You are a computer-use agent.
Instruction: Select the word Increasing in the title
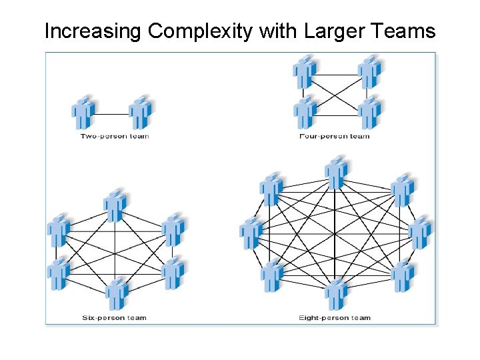(93, 31)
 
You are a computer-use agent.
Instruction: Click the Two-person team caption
(115, 137)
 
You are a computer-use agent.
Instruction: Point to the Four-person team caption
(335, 137)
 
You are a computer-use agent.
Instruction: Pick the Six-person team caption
(114, 317)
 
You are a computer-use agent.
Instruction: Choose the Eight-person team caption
(335, 317)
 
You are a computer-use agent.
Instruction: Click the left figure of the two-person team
(83, 113)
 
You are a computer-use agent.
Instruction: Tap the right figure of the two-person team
(141, 113)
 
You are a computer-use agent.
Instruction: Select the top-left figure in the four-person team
(306, 72)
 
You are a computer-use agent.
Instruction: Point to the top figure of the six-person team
(115, 205)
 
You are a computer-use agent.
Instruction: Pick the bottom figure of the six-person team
(116, 294)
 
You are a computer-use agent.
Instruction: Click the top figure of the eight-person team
(336, 173)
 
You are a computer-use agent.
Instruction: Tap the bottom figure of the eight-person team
(336, 293)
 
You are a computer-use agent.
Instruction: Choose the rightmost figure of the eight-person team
(420, 233)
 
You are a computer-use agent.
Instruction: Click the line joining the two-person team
(112, 113)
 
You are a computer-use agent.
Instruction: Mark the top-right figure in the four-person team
(369, 72)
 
